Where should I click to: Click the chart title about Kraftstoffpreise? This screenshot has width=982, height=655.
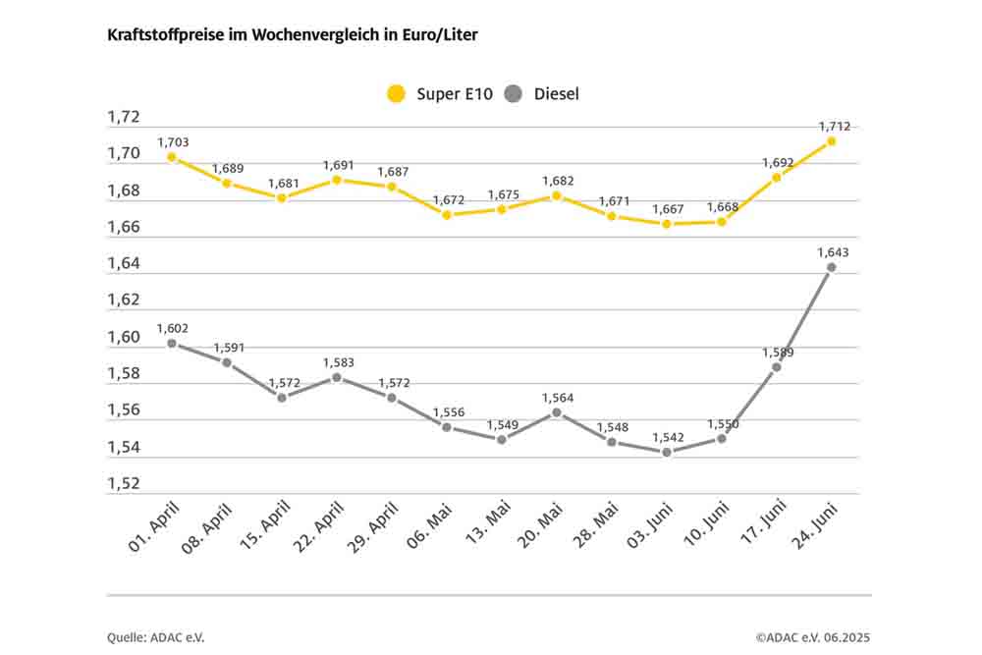pyautogui.click(x=293, y=34)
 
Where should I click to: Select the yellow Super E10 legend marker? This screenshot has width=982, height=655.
pyautogui.click(x=396, y=94)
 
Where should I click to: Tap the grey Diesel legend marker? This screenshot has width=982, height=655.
pyautogui.click(x=513, y=94)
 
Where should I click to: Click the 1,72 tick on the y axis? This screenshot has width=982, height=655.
pyautogui.click(x=124, y=118)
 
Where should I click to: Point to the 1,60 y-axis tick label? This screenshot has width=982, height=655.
pyautogui.click(x=124, y=338)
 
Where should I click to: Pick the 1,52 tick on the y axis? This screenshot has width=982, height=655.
pyautogui.click(x=124, y=484)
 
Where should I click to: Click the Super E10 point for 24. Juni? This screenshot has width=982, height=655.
pyautogui.click(x=831, y=141)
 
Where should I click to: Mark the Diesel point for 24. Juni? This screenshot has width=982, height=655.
pyautogui.click(x=831, y=267)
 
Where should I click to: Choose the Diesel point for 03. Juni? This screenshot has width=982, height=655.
pyautogui.click(x=667, y=452)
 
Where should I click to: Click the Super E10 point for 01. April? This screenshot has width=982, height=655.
pyautogui.click(x=172, y=157)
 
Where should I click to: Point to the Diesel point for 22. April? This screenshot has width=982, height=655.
pyautogui.click(x=337, y=377)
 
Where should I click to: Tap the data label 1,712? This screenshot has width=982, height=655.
pyautogui.click(x=834, y=126)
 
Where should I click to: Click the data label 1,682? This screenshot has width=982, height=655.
pyautogui.click(x=557, y=181)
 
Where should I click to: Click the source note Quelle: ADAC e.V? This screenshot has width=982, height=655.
pyautogui.click(x=156, y=637)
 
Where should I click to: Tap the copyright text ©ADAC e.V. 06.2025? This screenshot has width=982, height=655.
pyautogui.click(x=813, y=637)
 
